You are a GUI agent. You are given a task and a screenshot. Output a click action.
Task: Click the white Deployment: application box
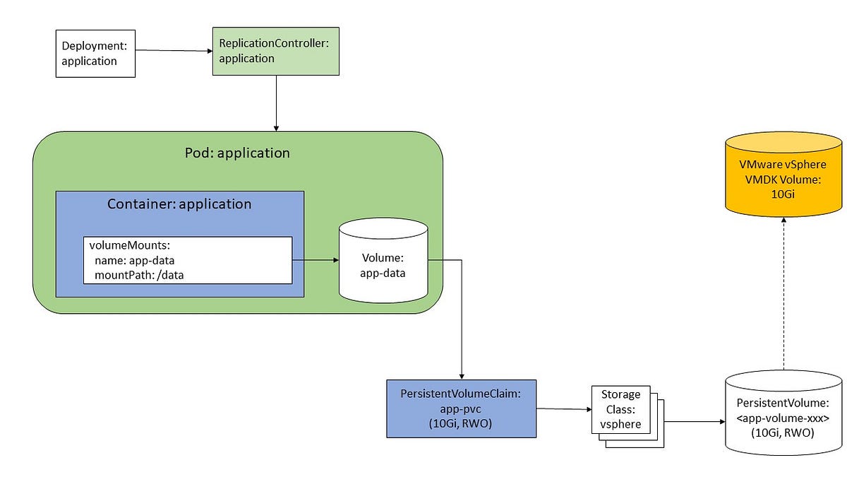point(95,54)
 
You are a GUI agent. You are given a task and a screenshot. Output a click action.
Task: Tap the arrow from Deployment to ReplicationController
point(174,51)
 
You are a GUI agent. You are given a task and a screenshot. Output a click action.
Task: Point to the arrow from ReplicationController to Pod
point(276,102)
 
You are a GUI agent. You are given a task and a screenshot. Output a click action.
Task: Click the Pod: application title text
point(237,153)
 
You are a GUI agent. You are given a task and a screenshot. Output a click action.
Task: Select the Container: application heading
point(179,204)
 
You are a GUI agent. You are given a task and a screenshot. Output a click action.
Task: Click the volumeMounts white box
point(188,260)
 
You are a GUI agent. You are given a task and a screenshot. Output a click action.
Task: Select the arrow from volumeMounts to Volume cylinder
point(316,260)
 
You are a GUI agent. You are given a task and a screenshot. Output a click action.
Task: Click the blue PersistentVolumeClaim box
point(461,408)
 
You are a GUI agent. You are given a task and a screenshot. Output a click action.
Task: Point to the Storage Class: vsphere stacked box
point(622,410)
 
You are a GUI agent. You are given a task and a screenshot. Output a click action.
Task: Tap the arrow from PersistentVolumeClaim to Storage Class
point(563,409)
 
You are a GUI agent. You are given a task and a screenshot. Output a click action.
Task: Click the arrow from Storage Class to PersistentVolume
point(695,422)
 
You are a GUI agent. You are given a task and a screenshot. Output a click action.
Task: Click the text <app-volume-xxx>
point(783,418)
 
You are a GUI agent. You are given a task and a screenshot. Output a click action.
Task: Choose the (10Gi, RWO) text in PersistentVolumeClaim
point(461,423)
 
